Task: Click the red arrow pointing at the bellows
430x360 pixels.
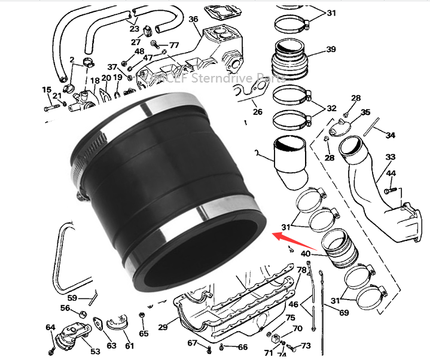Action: click(x=294, y=241)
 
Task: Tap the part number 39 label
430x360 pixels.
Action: click(x=331, y=50)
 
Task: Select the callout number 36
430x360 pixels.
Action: click(x=193, y=19)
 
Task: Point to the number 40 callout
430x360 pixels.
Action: click(x=306, y=254)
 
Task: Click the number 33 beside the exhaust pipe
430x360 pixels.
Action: click(x=391, y=157)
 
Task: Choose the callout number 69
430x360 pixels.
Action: click(x=344, y=312)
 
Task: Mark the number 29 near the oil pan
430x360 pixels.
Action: click(x=163, y=328)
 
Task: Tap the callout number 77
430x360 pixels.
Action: click(x=174, y=45)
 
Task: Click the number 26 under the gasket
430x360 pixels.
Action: click(x=257, y=111)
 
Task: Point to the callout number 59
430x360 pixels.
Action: click(x=72, y=297)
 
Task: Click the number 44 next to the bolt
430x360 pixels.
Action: click(x=391, y=173)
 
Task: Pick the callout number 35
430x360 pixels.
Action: click(x=365, y=112)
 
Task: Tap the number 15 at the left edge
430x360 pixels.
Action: click(x=47, y=90)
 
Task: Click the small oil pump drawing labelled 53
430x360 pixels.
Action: click(x=69, y=342)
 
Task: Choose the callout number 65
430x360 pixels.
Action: click(x=144, y=333)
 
